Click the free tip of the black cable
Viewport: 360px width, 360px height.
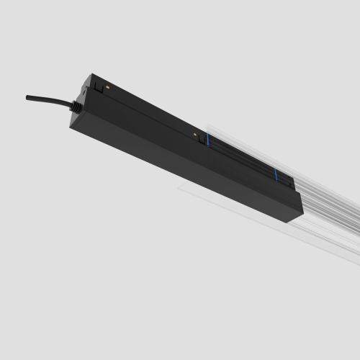pos(28,97)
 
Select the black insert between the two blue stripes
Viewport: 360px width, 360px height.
pos(240,157)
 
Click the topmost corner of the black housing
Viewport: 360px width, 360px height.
pos(91,73)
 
